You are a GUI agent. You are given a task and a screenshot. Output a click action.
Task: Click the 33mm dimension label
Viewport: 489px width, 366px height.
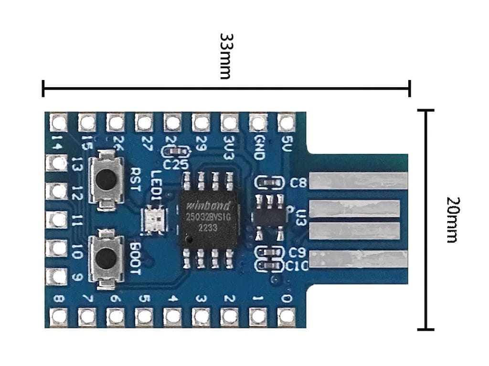click(225, 56)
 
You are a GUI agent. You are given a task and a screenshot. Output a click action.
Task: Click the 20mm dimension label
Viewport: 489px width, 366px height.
click(452, 219)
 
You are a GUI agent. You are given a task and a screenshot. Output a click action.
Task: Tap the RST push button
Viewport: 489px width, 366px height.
click(106, 180)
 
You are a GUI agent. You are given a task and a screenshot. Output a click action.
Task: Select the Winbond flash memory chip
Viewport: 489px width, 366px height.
click(209, 218)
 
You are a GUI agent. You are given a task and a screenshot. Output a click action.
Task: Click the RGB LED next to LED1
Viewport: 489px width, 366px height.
click(154, 220)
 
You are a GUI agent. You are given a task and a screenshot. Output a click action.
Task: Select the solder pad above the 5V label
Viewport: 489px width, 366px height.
click(287, 123)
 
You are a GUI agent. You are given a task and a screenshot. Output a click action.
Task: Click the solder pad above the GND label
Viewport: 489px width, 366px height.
click(258, 123)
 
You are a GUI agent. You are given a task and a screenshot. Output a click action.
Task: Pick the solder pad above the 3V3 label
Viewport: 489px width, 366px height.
click(229, 123)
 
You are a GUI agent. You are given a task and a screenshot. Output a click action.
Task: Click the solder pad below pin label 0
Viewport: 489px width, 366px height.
click(287, 316)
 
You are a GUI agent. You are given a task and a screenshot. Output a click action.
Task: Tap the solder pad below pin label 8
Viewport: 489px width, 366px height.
click(59, 316)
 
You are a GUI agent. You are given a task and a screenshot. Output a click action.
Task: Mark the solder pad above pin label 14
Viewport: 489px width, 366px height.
click(59, 123)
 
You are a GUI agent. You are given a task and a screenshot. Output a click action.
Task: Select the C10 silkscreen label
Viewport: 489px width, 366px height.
click(298, 265)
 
